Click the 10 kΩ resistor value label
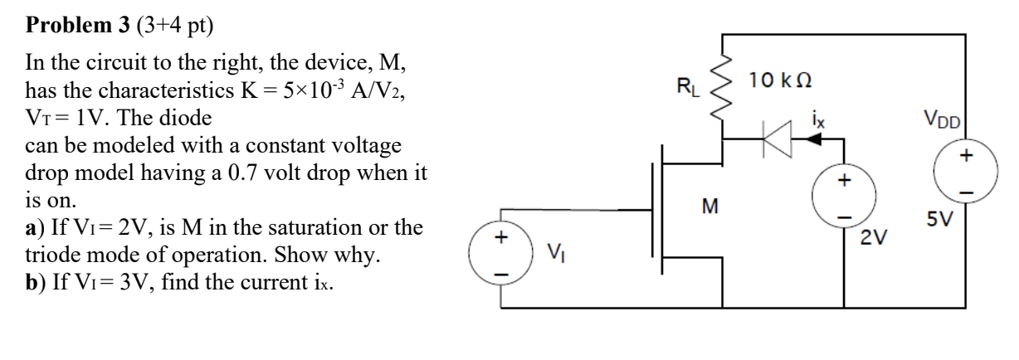778,80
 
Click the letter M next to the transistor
709,206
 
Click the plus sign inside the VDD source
966,158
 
